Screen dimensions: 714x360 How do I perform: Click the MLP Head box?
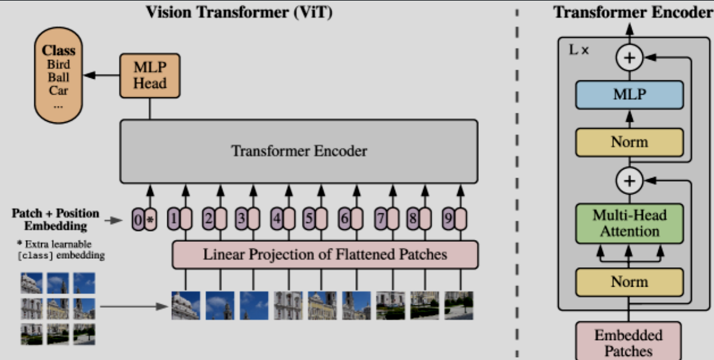pos(150,76)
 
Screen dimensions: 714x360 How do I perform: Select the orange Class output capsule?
pos(58,75)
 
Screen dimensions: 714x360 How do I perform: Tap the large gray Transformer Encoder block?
pos(299,151)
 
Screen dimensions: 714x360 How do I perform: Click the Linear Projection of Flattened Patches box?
pos(325,255)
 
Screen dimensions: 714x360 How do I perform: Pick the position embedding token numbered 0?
pos(138,219)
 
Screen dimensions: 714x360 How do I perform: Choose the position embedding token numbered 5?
pos(310,219)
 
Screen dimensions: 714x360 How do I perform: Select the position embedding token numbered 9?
pos(449,219)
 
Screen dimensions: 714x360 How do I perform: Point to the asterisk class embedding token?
pos(151,219)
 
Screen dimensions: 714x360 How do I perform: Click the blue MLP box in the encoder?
pos(629,95)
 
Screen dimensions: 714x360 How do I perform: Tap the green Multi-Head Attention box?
pos(629,224)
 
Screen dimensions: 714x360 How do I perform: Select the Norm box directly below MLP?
pos(629,142)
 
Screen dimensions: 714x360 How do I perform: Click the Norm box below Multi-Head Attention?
pos(629,282)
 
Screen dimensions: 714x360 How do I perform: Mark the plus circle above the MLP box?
pos(629,58)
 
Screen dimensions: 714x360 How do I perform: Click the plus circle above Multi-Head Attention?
pos(629,181)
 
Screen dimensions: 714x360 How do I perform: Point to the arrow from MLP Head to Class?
pos(102,75)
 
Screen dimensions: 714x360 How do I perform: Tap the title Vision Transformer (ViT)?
pos(239,12)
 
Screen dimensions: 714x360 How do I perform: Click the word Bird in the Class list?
pos(58,64)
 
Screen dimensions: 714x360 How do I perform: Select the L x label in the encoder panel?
pos(579,50)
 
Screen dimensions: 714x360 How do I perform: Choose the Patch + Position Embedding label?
pos(55,219)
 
